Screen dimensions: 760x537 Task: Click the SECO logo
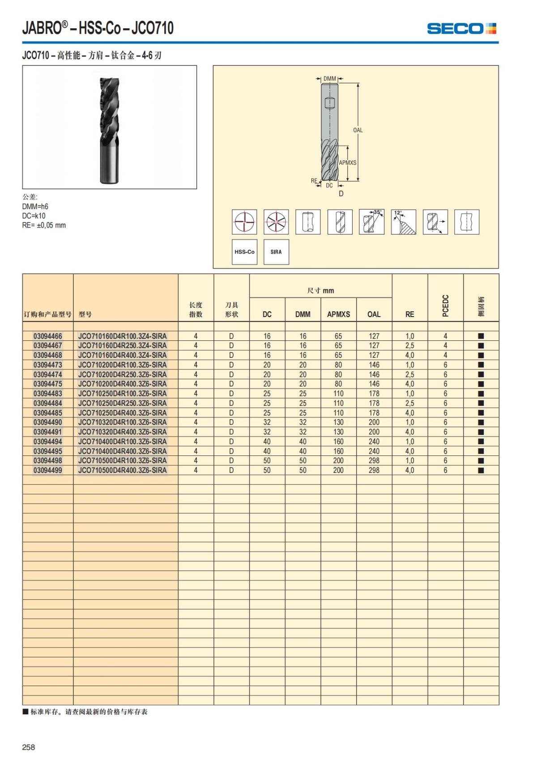point(461,29)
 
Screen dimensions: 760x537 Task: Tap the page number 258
point(29,747)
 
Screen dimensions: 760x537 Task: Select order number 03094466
point(48,336)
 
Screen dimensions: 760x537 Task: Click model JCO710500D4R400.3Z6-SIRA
point(122,470)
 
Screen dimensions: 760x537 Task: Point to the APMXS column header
point(338,314)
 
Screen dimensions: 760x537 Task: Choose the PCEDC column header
point(445,305)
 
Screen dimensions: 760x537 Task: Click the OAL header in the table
point(374,314)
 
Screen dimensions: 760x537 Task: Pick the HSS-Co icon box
point(244,252)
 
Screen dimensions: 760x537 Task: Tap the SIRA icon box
point(276,252)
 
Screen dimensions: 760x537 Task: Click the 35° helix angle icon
point(371,222)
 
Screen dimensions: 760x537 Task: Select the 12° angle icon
point(403,222)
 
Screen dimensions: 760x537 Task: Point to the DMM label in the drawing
point(330,79)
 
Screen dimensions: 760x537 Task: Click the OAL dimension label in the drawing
point(358,130)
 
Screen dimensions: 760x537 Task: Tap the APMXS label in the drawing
point(348,163)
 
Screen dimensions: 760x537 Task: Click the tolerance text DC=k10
point(34,216)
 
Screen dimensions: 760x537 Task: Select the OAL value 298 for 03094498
point(374,461)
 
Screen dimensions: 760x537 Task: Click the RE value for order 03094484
point(409,403)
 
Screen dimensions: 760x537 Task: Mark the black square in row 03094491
point(481,432)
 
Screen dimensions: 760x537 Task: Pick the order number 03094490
point(48,422)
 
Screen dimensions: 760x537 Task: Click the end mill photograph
point(110,127)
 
